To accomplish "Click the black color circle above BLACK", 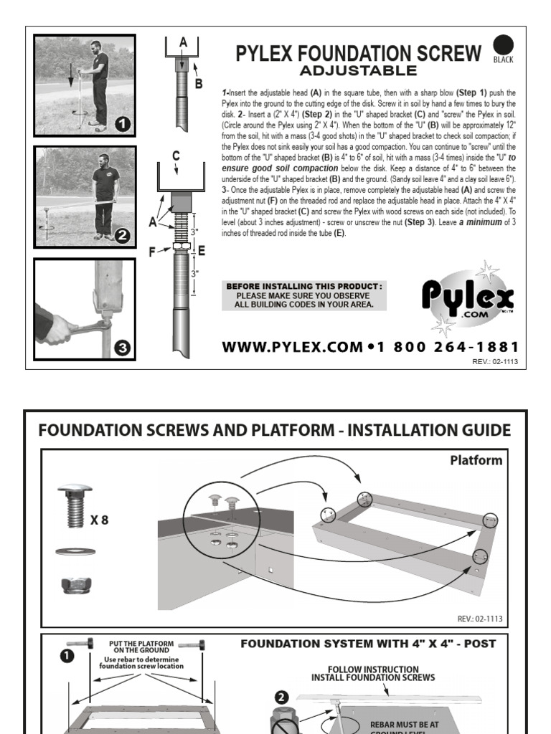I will click(x=503, y=44).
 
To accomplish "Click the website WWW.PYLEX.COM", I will click(x=292, y=347).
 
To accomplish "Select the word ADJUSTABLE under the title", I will click(x=357, y=70).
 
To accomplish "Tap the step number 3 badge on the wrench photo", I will click(x=123, y=348).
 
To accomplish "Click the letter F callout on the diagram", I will click(x=152, y=251).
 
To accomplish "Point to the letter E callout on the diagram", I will click(x=201, y=250).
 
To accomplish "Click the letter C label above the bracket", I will click(x=176, y=155).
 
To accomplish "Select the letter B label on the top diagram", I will click(x=199, y=83).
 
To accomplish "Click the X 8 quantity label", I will click(x=99, y=520).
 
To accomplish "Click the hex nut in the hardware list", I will click(x=74, y=585).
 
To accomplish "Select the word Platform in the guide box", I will click(x=476, y=460).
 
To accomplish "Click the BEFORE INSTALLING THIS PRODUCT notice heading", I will click(x=304, y=286).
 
